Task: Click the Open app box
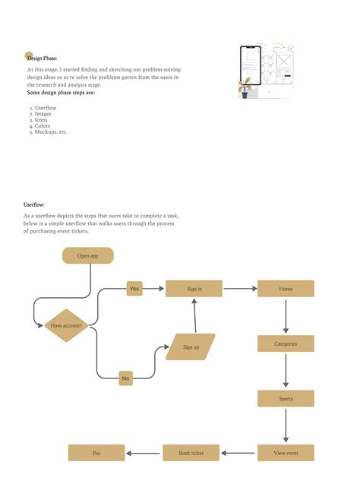click(88, 256)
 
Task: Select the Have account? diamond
click(67, 325)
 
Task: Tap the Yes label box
click(134, 289)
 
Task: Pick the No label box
click(126, 378)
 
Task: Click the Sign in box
click(194, 289)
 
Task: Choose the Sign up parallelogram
click(191, 346)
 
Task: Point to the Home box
click(286, 289)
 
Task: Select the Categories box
click(286, 343)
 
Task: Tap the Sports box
click(286, 398)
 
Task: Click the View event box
click(286, 453)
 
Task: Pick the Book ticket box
click(191, 453)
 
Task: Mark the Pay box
click(96, 453)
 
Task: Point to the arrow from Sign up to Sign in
click(195, 315)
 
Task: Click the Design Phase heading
click(42, 58)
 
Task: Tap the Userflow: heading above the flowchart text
click(34, 205)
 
